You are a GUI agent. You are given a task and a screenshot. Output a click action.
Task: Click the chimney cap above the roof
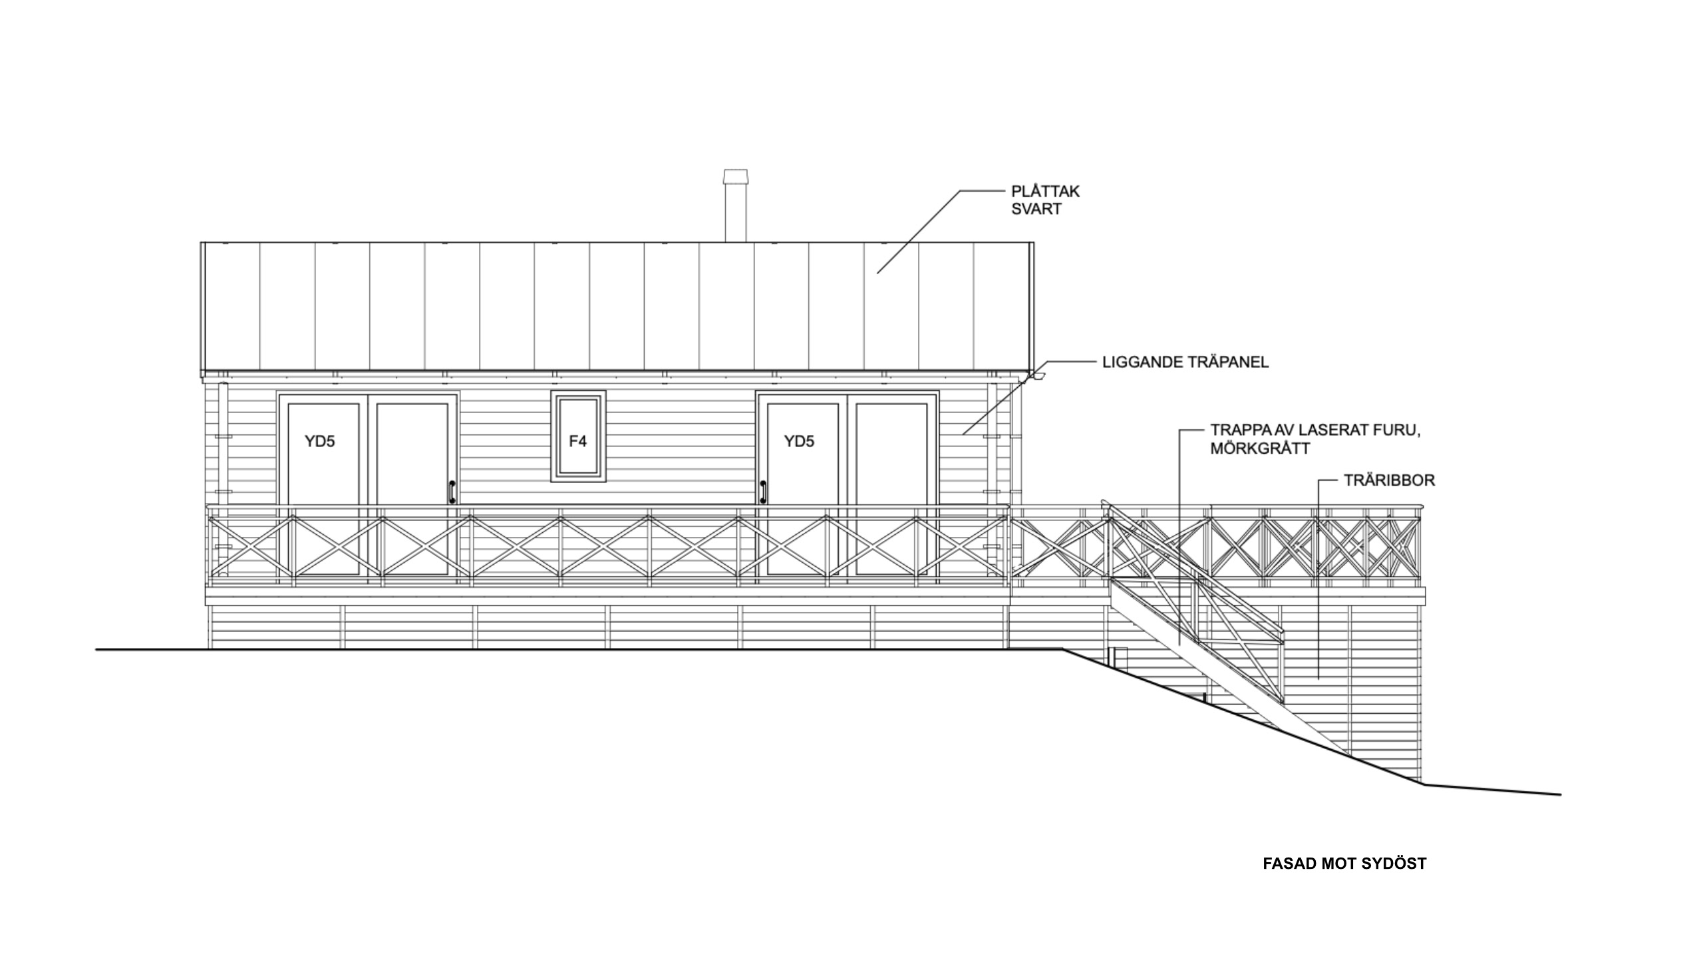[x=735, y=177]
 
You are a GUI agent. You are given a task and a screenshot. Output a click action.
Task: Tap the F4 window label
[x=577, y=441]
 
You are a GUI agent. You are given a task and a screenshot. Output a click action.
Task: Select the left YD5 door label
[x=320, y=441]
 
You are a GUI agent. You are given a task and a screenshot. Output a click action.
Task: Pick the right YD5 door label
[x=799, y=441]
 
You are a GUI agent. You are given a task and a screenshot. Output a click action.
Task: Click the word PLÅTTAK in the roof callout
[x=1045, y=191]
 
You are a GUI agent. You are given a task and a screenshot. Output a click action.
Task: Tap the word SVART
[x=1036, y=209]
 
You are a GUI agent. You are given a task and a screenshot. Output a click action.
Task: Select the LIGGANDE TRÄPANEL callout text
[x=1185, y=363]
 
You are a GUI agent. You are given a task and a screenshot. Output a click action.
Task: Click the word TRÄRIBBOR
[x=1390, y=480]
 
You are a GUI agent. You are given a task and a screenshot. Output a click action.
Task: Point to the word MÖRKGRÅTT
[x=1260, y=448]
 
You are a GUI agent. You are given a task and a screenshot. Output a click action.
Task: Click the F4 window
[x=578, y=436]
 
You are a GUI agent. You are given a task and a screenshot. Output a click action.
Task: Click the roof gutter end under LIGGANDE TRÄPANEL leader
[x=1037, y=377]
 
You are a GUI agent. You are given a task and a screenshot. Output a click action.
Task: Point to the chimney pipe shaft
[x=735, y=213]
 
